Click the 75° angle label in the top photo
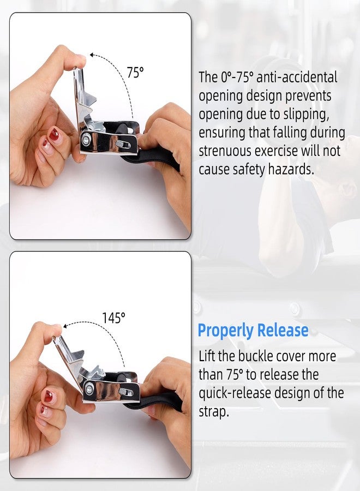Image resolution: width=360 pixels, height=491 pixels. pos(135,73)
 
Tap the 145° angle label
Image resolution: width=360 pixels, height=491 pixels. pos(113,318)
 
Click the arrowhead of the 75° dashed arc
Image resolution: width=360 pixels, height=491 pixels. pos(92,55)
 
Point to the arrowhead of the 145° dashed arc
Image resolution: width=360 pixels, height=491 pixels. pos(65,326)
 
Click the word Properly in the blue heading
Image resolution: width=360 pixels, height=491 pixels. pos(226,331)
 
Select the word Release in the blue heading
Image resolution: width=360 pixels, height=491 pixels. pos(283,330)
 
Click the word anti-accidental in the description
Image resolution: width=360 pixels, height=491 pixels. pos(297,77)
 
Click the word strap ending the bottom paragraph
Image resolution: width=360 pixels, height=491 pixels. pos(214,411)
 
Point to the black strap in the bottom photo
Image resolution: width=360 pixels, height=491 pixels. pos(157,403)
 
